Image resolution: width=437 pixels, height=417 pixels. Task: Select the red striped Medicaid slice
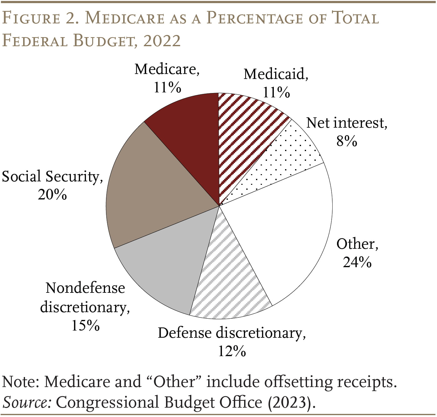coord(244,131)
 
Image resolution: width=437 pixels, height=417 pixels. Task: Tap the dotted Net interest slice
coord(281,162)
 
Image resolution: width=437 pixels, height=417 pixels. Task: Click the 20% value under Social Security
coord(52,195)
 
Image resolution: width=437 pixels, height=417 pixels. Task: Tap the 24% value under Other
coord(357,262)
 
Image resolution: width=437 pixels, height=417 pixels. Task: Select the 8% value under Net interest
coord(346,141)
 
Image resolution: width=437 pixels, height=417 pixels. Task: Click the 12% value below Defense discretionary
coord(232,352)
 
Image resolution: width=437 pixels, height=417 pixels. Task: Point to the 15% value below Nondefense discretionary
coord(85,326)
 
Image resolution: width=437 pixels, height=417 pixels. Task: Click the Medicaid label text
coord(275,75)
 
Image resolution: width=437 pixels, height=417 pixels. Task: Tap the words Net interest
coord(346,123)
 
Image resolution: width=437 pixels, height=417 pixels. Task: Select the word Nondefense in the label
coord(85,288)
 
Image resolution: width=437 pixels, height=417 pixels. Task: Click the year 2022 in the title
coord(162,41)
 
